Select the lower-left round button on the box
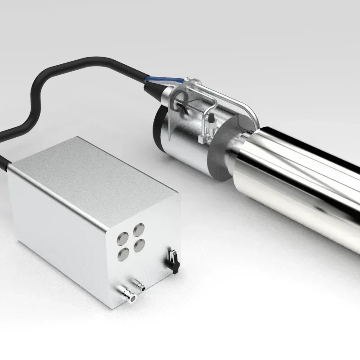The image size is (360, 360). click(122, 255)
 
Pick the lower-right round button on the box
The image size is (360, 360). click(139, 246)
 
